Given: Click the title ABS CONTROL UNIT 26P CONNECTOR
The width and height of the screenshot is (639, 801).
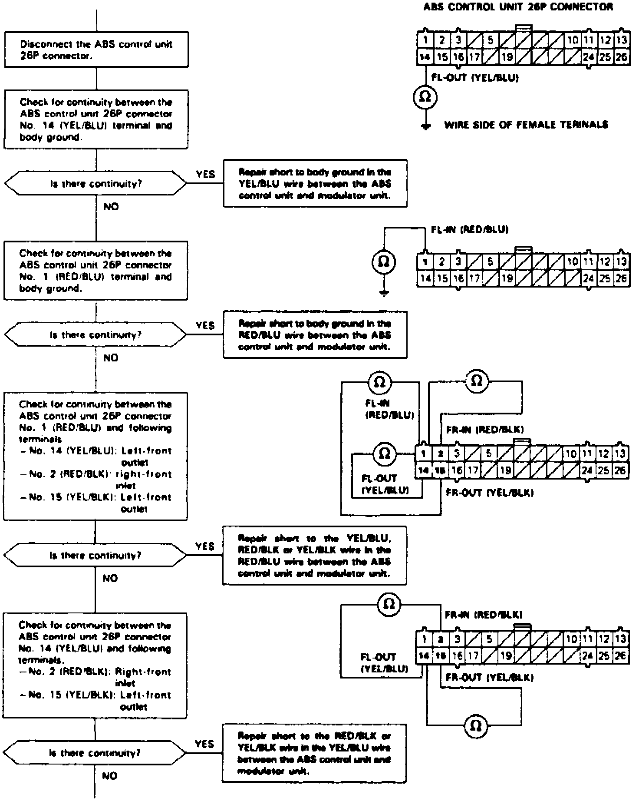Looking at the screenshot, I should point(518,7).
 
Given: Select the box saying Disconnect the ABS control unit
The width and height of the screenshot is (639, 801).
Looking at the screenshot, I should point(96,50).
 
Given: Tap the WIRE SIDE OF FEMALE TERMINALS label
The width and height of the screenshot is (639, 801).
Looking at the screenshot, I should point(526,125).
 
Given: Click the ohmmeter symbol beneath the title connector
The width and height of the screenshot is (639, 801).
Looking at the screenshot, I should point(425,96).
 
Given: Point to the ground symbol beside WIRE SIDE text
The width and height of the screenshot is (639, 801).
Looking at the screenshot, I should point(426,126).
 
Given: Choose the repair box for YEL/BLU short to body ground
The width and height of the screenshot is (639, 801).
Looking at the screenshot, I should point(315,183).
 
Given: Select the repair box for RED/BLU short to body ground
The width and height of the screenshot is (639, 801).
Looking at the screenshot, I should point(315,334).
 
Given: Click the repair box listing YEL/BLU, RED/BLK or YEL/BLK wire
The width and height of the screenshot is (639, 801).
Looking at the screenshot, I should point(315,556).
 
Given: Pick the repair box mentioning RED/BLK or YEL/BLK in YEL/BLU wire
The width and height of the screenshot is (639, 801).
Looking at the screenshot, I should point(315,753).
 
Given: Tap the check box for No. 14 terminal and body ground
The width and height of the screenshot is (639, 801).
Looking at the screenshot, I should point(96,119).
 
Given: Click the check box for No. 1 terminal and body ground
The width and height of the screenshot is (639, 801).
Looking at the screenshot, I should point(96,271).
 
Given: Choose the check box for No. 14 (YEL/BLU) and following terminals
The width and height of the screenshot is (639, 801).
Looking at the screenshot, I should point(95,665).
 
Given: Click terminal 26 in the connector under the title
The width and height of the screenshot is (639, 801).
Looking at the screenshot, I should point(622,57).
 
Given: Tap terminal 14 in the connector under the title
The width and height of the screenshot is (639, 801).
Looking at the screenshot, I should point(425,57).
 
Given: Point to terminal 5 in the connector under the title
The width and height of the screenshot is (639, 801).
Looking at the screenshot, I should point(490,40).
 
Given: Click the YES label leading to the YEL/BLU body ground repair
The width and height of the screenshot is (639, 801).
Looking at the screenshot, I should point(205,174).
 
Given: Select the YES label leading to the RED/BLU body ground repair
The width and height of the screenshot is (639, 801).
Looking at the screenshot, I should point(205,325).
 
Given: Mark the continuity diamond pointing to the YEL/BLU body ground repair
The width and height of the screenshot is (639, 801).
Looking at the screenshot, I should point(96,184).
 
